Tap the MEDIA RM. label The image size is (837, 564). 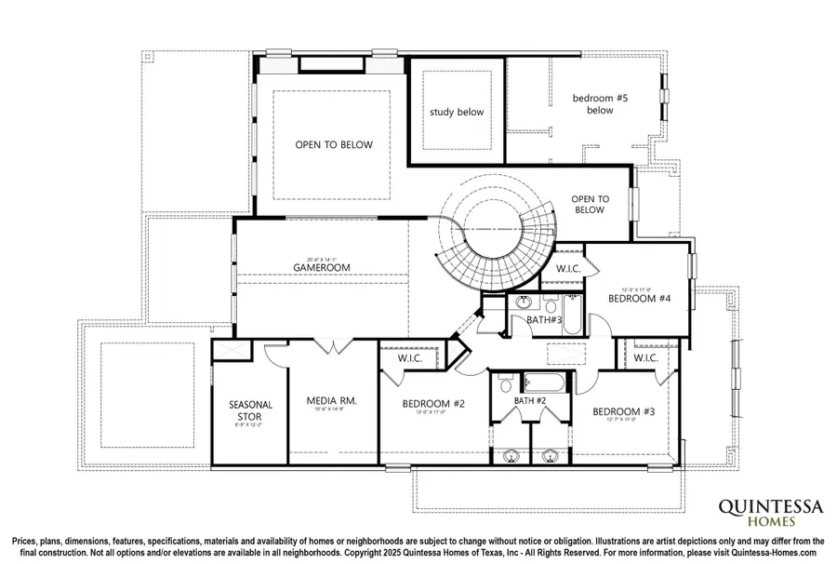coord(332,401)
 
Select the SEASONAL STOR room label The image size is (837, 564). coord(251,410)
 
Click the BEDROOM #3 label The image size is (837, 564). coord(624,411)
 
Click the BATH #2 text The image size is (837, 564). coord(531,400)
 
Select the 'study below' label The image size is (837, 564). coord(456,113)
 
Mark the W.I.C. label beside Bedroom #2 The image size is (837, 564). coord(411,357)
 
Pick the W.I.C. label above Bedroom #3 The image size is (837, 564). coord(646,358)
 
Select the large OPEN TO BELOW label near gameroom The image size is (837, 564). coord(334,145)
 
